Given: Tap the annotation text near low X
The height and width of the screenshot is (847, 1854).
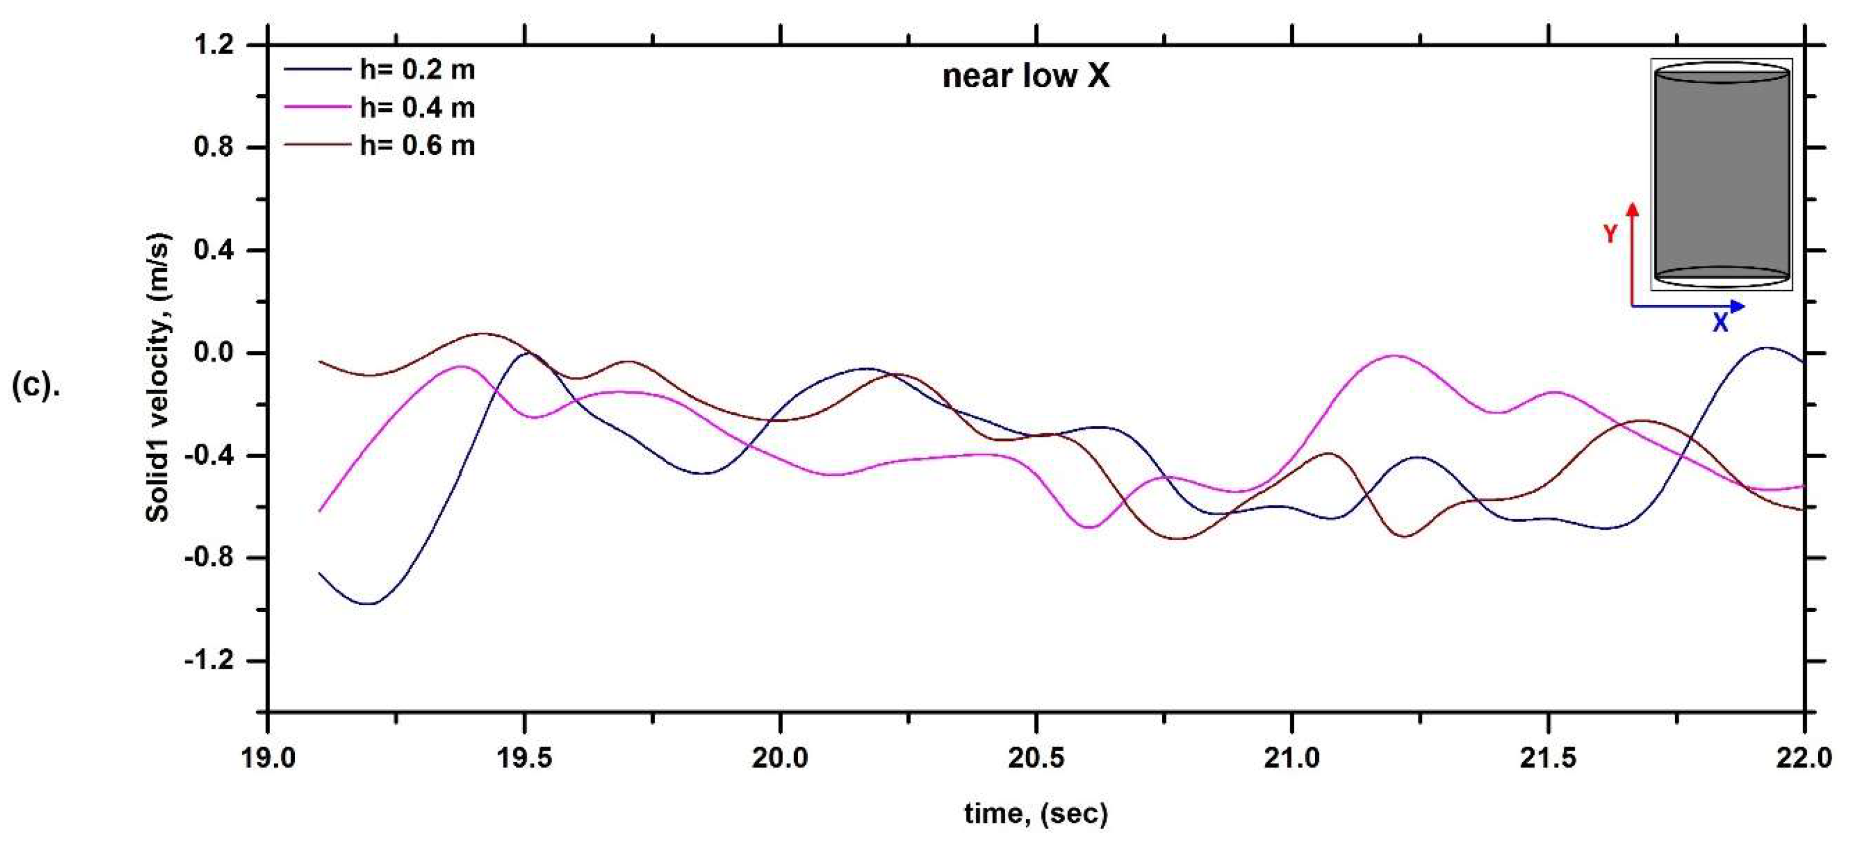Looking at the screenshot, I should (x=1025, y=76).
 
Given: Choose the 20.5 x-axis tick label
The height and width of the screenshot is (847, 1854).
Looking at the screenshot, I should (x=1036, y=759).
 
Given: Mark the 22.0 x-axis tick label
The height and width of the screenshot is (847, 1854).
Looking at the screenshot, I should (x=1803, y=759).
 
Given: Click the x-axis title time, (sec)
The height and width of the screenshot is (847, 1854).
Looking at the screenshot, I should (x=1036, y=814).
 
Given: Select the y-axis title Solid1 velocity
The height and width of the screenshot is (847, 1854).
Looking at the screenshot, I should (x=158, y=378).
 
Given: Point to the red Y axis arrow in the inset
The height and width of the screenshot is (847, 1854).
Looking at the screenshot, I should (x=1632, y=252).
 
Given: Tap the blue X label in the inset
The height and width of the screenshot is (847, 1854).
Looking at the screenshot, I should (x=1720, y=324).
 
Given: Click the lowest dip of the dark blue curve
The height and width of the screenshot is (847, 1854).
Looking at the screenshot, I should (x=368, y=603).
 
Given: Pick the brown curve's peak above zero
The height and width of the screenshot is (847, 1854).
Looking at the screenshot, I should (x=484, y=334).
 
